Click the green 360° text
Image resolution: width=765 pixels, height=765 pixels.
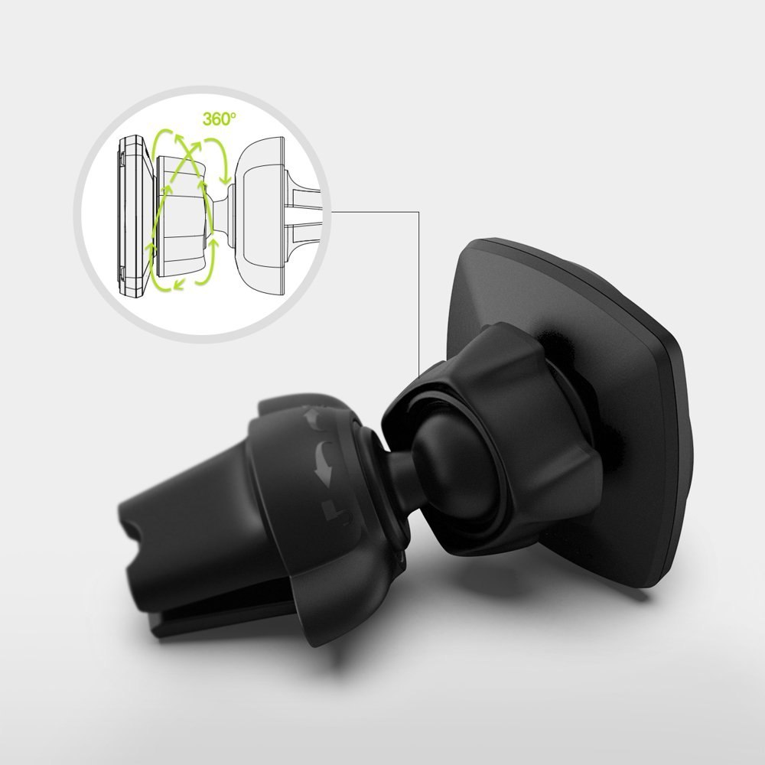pyautogui.click(x=219, y=119)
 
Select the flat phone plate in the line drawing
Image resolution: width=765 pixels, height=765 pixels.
pyautogui.click(x=132, y=216)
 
